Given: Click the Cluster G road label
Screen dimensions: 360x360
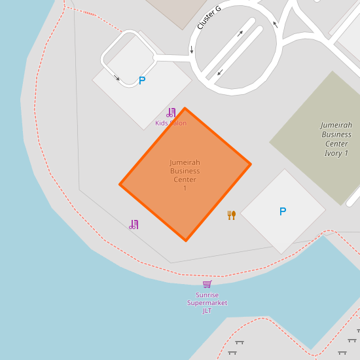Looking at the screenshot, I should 209,17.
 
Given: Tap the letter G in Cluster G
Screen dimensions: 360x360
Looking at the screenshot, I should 218,9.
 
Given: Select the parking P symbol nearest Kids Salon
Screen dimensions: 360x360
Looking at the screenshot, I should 142,81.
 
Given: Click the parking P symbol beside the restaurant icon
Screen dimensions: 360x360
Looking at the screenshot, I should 283,211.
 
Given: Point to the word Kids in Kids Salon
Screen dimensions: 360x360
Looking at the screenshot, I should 162,123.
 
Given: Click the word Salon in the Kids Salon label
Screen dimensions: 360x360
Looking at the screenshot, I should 178,123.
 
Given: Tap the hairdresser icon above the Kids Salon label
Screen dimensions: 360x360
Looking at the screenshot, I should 171,113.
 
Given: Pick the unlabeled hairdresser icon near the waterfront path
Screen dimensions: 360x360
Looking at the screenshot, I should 134,225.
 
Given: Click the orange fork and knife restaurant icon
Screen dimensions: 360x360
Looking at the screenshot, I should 231,215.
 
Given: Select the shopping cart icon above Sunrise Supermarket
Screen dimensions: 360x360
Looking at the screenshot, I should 207,284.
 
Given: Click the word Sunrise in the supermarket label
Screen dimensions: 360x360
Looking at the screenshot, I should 207,295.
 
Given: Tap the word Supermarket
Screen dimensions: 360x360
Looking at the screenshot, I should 207,303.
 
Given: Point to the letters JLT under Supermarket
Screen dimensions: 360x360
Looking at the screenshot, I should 207,311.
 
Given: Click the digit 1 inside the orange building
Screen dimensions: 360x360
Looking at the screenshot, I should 185,189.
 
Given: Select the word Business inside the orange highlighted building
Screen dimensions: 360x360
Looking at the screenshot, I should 185,171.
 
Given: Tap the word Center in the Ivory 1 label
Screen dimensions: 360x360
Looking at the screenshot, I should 336,144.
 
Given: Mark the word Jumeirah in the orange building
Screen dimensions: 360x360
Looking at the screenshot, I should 185,162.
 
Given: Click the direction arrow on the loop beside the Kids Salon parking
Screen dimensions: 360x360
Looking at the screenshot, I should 118,79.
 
